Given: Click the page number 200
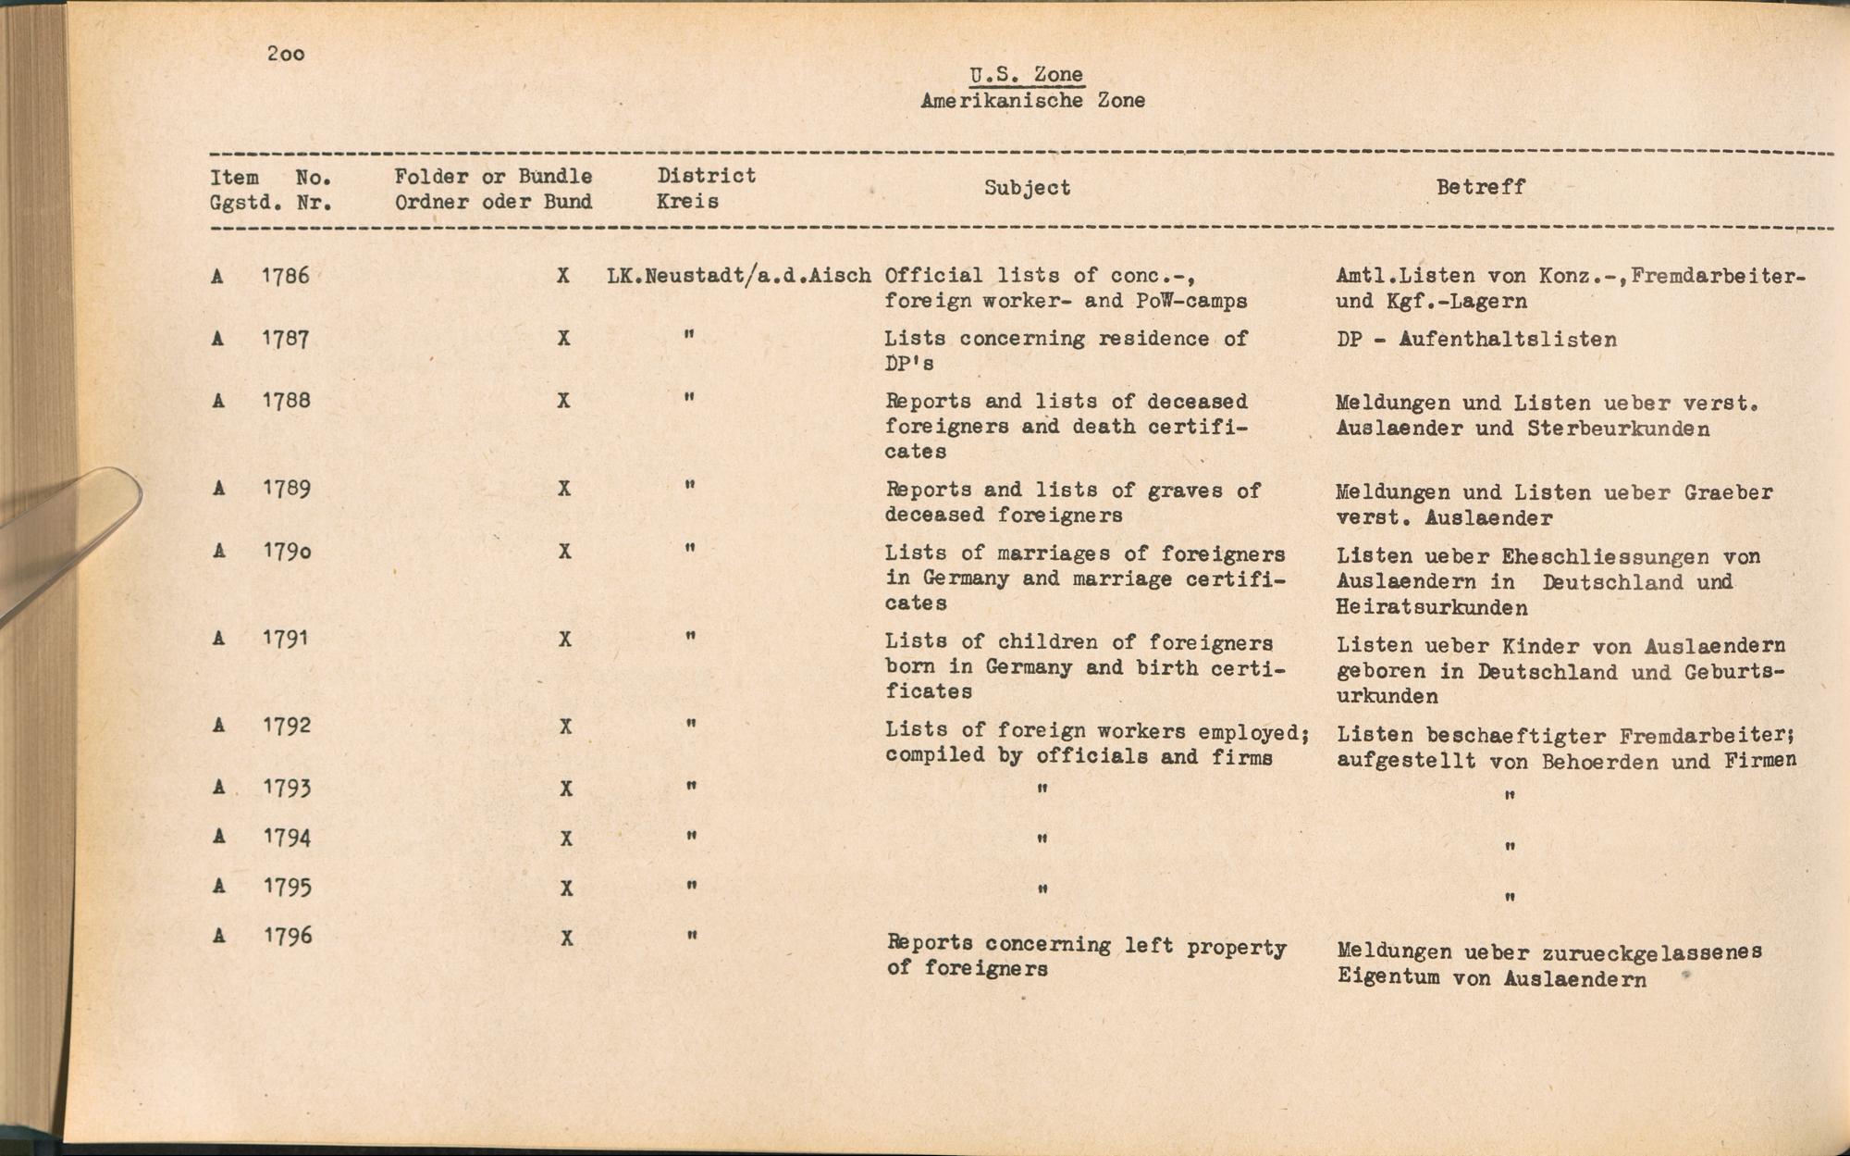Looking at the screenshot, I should (286, 54).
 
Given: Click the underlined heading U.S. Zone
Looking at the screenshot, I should (1026, 75).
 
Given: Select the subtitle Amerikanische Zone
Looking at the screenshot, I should (1032, 101).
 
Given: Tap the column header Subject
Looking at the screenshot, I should (1027, 188).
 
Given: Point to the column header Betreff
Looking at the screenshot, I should (1480, 187).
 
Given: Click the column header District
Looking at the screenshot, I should (707, 176).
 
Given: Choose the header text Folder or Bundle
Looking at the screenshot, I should (493, 177).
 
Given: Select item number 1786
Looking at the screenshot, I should (286, 276).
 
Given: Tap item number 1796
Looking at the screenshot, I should (288, 937).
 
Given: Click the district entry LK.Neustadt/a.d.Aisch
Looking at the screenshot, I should (739, 276).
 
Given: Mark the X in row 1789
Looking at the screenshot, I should (564, 489).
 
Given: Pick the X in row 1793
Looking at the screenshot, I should (565, 789).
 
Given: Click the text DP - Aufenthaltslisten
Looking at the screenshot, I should (1476, 340).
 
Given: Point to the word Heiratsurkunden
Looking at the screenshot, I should (1431, 608).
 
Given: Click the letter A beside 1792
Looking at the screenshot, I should (218, 726).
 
